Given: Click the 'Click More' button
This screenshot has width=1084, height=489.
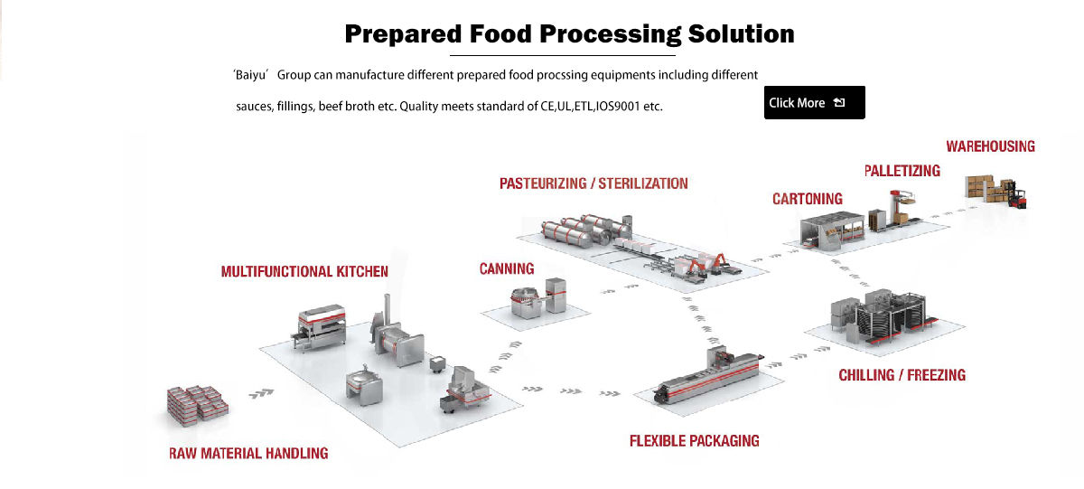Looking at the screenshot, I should (814, 103).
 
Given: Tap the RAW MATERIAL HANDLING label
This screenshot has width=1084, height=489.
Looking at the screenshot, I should (248, 453).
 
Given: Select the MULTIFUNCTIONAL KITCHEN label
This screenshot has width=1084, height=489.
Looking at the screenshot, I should (304, 271).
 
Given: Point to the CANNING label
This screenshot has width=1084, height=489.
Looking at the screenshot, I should (506, 268).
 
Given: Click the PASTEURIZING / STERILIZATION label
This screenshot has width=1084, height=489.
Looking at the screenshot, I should (593, 183).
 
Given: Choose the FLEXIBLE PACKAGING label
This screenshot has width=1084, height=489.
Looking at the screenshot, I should (694, 441).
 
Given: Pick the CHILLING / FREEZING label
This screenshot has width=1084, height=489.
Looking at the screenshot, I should (902, 375).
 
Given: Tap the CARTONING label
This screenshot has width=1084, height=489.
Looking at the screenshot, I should (807, 199).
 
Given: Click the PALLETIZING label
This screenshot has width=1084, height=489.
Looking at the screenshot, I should (902, 171).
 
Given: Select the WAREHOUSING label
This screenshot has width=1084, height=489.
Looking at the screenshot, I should (990, 146).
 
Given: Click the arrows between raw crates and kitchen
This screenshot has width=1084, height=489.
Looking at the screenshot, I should (262, 393).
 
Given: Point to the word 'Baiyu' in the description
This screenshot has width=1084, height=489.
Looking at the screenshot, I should (255, 75).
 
